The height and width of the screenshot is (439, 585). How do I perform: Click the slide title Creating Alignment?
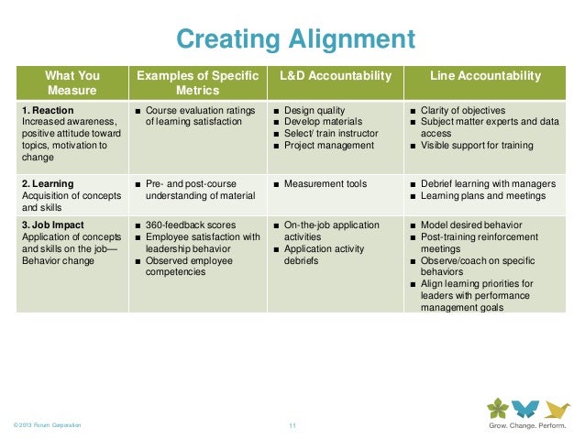click(x=295, y=39)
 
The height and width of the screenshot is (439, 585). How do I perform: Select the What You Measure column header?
click(x=74, y=82)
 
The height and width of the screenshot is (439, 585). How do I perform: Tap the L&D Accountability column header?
click(x=334, y=75)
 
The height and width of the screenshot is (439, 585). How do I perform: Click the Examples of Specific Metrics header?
click(x=197, y=82)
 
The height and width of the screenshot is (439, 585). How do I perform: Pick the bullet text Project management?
click(x=328, y=145)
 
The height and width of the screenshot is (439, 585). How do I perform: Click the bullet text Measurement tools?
click(x=326, y=184)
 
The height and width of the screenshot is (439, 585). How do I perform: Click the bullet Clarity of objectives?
click(x=466, y=111)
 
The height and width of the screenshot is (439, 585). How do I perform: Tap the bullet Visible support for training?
click(x=478, y=145)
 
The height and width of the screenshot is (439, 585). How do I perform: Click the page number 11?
click(x=293, y=425)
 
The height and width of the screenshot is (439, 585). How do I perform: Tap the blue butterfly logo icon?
click(x=524, y=408)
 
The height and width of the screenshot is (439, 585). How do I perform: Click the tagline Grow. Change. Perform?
click(x=525, y=425)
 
